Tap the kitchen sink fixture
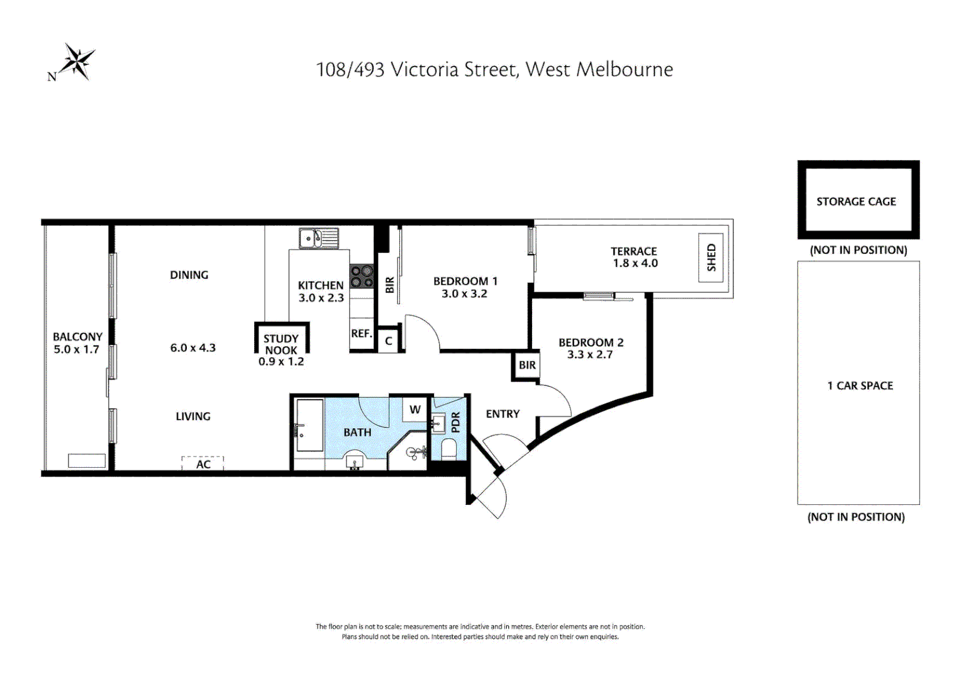pyautogui.click(x=318, y=239)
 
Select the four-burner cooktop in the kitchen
pyautogui.click(x=362, y=276)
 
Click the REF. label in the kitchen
pyautogui.click(x=362, y=333)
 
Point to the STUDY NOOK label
pyautogui.click(x=281, y=345)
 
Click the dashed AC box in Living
pyautogui.click(x=203, y=463)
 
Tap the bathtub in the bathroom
pyautogui.click(x=309, y=425)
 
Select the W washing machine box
pyautogui.click(x=415, y=409)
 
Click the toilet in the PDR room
pyautogui.click(x=448, y=449)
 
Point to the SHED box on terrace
pyautogui.click(x=711, y=258)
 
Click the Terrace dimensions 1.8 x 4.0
pyautogui.click(x=635, y=263)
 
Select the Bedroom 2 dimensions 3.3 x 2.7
pyautogui.click(x=589, y=355)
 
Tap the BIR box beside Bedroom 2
pyautogui.click(x=527, y=365)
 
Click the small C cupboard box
pyautogui.click(x=389, y=341)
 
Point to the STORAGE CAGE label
pyautogui.click(x=856, y=202)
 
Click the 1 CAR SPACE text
pyautogui.click(x=860, y=386)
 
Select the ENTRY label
pyautogui.click(x=503, y=414)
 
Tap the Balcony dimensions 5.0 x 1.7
pyautogui.click(x=76, y=350)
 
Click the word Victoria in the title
pyautogui.click(x=425, y=69)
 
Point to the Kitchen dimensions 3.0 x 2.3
pyautogui.click(x=321, y=298)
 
